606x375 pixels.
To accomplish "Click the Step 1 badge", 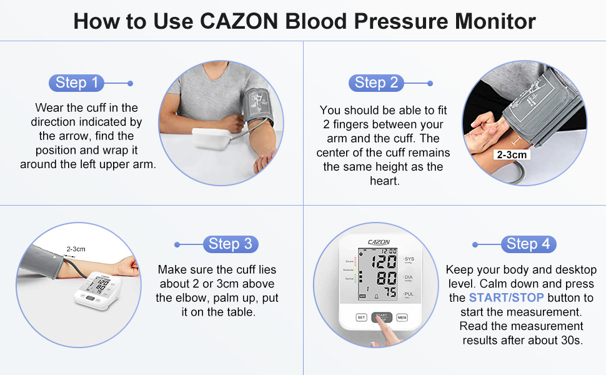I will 76,82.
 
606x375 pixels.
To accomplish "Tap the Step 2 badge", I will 376,82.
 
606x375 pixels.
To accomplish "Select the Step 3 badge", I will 230,244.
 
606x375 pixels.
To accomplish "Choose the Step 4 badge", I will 528,244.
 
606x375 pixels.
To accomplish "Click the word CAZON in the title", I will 240,22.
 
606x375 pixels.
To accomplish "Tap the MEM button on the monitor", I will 402,317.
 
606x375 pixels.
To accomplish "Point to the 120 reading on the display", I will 384,261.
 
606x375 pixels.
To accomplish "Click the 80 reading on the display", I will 386,278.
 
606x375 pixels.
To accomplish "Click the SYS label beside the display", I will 409,259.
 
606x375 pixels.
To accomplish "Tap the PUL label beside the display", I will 409,293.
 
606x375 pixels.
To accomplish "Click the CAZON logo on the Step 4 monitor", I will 379,242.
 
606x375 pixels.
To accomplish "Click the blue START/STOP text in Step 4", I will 506,297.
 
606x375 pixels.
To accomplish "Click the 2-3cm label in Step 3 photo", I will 76,249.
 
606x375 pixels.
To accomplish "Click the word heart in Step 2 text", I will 383,181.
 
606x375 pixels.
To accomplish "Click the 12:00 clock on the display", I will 389,251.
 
